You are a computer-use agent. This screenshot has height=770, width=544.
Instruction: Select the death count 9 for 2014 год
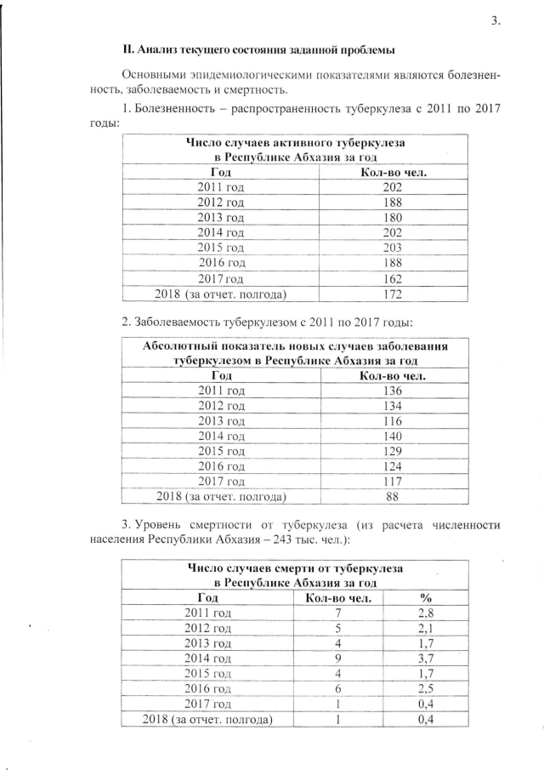tap(337, 658)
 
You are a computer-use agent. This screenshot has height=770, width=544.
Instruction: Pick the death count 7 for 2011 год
tap(337, 613)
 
